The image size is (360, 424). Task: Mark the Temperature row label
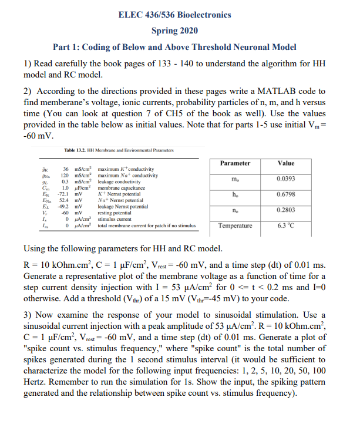[x=235, y=225]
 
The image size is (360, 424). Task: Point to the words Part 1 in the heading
[x=68, y=47]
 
